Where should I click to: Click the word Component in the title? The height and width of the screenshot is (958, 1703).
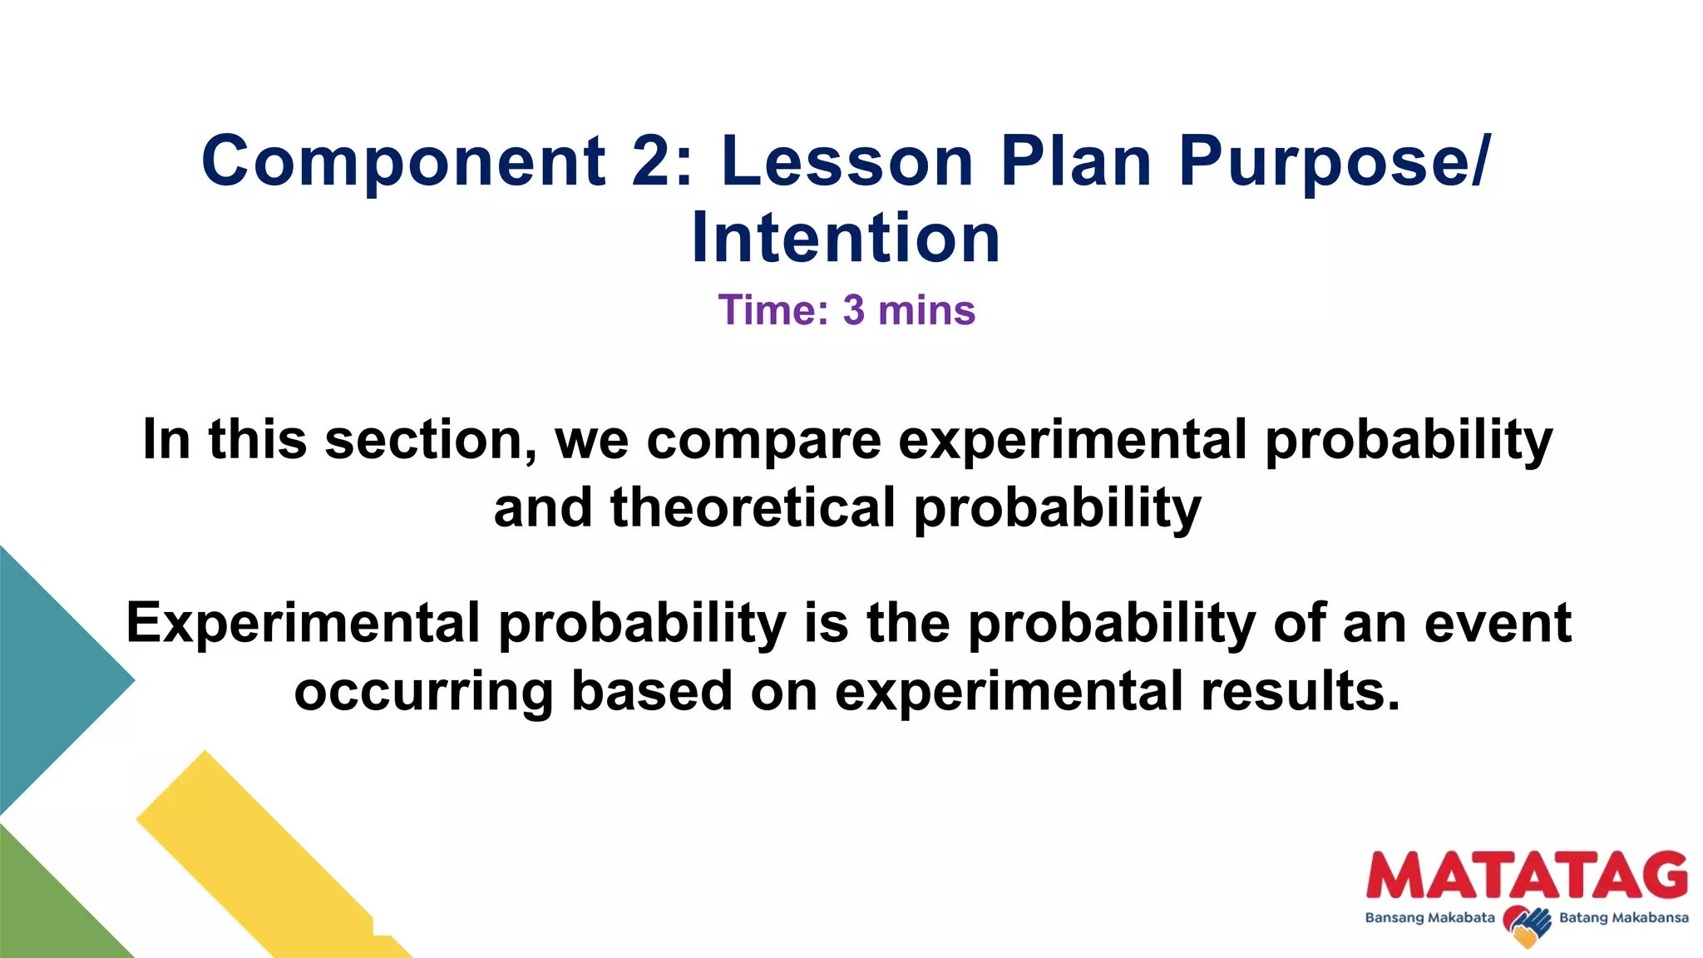click(x=404, y=162)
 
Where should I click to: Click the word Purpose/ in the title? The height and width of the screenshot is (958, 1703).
click(x=1334, y=162)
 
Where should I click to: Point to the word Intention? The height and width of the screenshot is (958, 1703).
click(x=846, y=238)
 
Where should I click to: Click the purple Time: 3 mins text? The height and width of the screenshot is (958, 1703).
click(x=847, y=310)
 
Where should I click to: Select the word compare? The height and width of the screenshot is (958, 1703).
click(x=763, y=441)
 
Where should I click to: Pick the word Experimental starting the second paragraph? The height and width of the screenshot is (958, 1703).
click(x=304, y=624)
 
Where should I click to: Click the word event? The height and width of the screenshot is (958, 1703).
click(x=1497, y=624)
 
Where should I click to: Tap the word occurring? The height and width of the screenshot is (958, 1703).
click(x=423, y=693)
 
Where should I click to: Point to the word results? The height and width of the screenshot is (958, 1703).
click(x=1301, y=691)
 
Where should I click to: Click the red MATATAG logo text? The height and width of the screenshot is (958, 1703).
click(x=1527, y=876)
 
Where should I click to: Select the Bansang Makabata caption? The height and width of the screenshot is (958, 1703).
click(x=1429, y=918)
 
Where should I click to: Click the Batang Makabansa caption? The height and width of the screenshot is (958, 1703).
click(x=1623, y=918)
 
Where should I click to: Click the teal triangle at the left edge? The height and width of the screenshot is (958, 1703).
click(x=50, y=678)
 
